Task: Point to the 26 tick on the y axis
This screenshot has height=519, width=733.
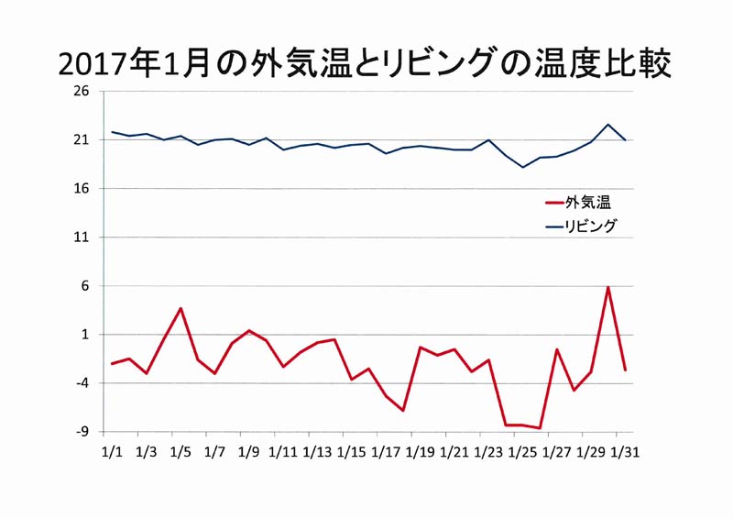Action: point(82,92)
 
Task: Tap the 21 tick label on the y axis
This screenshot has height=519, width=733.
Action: point(82,140)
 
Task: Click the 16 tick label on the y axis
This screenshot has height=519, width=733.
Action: point(82,189)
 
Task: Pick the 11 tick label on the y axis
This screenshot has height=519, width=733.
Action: point(82,237)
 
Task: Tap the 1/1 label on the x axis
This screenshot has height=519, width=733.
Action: point(112,452)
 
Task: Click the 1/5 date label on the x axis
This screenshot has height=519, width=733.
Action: point(181,452)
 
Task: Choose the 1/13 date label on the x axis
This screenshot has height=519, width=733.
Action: point(317,452)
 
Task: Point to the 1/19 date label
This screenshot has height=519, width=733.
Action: point(420,452)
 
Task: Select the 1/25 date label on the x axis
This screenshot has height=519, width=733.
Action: point(522,452)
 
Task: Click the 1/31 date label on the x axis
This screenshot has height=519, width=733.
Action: point(625,452)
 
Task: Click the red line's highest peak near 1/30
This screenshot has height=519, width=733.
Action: point(608,287)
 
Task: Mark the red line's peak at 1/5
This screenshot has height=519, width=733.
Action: point(181,308)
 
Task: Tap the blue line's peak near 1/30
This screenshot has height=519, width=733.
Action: point(608,124)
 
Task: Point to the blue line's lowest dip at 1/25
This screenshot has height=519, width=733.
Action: point(523,167)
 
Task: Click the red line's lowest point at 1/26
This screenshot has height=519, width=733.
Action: point(541,428)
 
